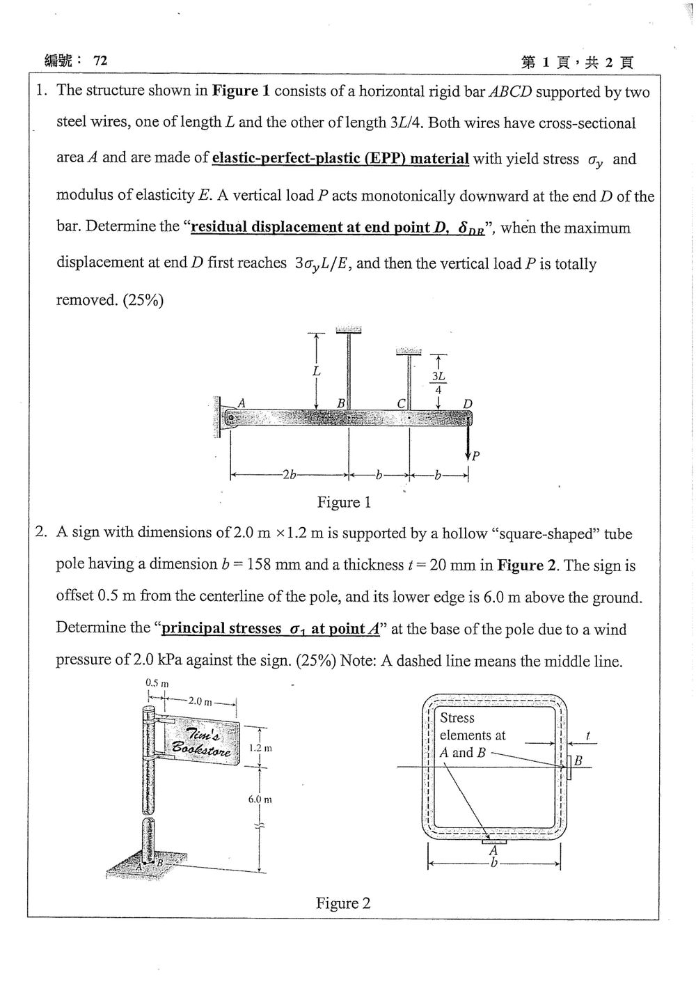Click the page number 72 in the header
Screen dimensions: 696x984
tap(100, 61)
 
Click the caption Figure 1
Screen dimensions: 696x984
tap(344, 502)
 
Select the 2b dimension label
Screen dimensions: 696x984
tap(289, 475)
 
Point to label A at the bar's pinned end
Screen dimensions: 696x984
tap(241, 403)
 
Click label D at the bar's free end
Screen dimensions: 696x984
tap(468, 404)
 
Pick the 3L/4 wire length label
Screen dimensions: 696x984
tap(438, 382)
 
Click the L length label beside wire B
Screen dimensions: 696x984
tap(316, 371)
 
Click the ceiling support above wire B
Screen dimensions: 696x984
tap(349, 329)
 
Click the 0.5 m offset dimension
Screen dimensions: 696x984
tap(157, 684)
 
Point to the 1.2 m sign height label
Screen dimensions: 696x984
tap(260, 748)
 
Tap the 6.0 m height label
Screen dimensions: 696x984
tap(260, 799)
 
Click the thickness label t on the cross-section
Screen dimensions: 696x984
tap(587, 735)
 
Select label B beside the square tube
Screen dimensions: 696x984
tap(578, 761)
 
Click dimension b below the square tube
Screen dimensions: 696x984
tap(494, 864)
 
